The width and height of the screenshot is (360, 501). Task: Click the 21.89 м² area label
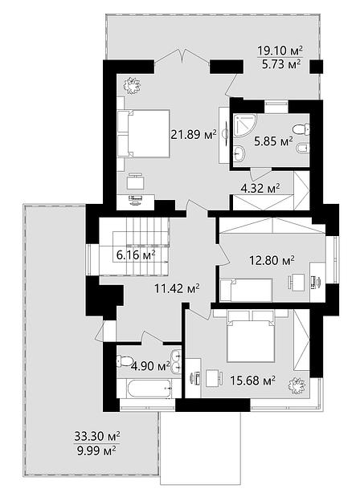(x=194, y=134)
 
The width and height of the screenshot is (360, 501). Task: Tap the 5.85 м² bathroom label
(x=274, y=141)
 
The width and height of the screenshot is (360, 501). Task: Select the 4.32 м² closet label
(x=260, y=188)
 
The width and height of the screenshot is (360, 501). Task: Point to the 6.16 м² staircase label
(x=136, y=255)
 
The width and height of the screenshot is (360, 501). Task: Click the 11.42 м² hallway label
(x=177, y=289)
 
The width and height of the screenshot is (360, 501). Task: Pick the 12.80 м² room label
(x=272, y=261)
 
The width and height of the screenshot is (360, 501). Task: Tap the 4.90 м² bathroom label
(x=150, y=365)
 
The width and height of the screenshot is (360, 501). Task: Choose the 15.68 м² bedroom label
(x=253, y=381)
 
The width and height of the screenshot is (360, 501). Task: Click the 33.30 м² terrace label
(x=97, y=435)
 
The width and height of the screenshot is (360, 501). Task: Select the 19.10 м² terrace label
(x=280, y=51)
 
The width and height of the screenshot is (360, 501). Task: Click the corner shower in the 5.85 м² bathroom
(x=244, y=125)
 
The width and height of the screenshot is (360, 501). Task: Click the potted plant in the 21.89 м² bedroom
(x=132, y=86)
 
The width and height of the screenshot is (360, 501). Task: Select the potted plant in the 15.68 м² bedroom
(x=297, y=385)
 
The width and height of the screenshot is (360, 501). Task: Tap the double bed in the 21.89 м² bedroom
(x=143, y=133)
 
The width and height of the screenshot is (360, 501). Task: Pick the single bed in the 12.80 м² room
(x=246, y=290)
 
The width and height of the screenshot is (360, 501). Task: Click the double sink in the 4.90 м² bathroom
(x=176, y=361)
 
